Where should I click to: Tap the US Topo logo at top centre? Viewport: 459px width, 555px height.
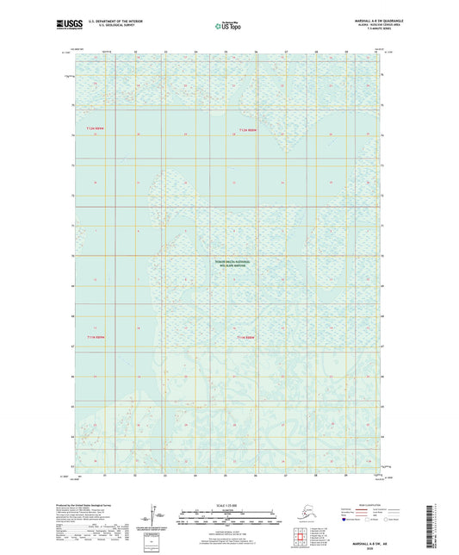click(229, 27)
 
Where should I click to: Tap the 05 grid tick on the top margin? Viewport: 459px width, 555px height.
click(226, 53)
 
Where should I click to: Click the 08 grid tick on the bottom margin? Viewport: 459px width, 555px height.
click(316, 476)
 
